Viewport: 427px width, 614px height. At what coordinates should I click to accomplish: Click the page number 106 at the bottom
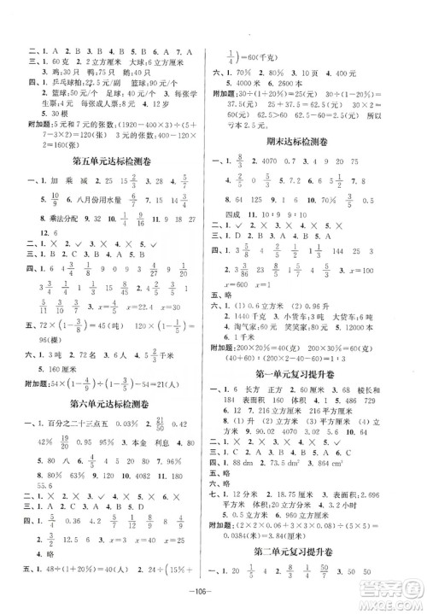213,596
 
